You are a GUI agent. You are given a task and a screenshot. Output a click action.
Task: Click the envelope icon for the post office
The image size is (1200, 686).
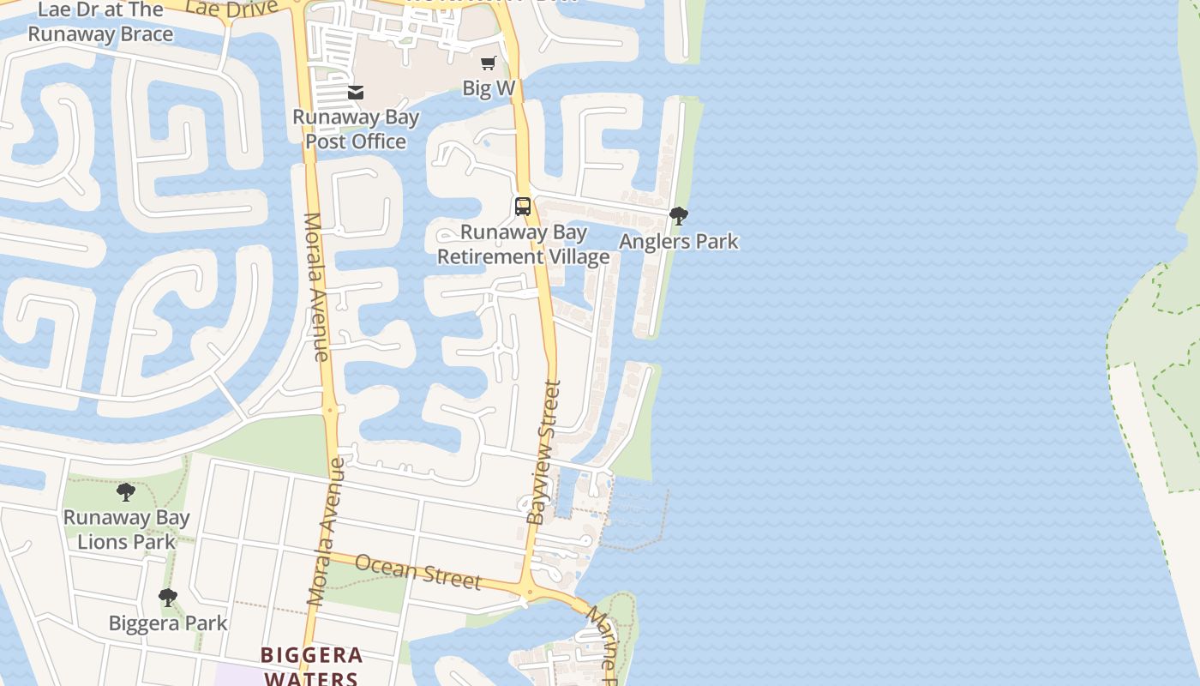tap(356, 93)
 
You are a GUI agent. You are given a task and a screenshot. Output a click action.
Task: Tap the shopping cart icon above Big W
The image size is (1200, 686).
tap(489, 63)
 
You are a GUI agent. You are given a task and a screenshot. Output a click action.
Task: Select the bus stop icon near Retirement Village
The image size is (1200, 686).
tap(523, 207)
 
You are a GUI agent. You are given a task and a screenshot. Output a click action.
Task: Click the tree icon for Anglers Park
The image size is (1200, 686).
tap(679, 216)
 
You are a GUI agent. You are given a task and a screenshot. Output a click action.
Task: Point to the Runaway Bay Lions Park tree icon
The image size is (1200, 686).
tap(126, 492)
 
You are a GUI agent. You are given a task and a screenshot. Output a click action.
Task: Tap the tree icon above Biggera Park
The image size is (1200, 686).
tap(168, 598)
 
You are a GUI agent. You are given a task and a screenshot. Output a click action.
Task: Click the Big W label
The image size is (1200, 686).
tap(489, 87)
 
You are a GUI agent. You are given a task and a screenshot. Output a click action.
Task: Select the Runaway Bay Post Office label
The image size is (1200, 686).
tap(356, 129)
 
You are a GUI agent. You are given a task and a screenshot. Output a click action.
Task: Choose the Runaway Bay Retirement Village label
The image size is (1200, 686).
tap(524, 244)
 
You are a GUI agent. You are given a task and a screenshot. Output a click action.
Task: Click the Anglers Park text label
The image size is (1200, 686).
tap(679, 242)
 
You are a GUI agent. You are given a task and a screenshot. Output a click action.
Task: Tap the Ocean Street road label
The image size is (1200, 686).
tap(417, 572)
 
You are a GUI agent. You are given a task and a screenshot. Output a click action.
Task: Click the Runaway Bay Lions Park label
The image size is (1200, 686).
tap(126, 529)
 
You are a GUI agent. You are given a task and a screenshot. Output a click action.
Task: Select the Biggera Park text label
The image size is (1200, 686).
tap(168, 623)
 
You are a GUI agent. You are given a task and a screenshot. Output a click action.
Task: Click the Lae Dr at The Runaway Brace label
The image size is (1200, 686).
tap(100, 22)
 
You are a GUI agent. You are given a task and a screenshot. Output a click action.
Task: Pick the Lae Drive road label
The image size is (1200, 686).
tap(231, 9)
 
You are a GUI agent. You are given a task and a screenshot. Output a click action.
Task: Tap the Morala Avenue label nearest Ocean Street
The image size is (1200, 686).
tap(327, 532)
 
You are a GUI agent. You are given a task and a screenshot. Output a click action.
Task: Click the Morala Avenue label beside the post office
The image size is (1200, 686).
tap(316, 286)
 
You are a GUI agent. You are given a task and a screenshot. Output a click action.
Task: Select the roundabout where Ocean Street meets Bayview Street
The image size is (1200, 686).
tap(529, 592)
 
